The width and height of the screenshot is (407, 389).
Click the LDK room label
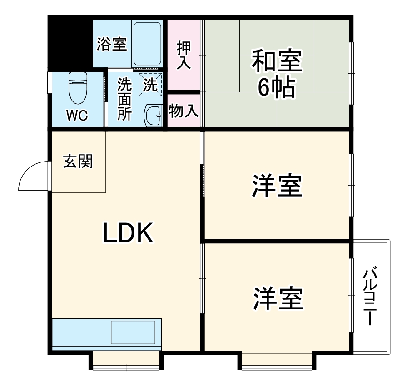[x=129, y=234]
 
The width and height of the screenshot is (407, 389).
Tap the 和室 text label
[x=277, y=62]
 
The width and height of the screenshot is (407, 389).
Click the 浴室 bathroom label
[x=112, y=45]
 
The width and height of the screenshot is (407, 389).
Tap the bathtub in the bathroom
[x=148, y=43]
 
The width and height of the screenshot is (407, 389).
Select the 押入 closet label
[x=184, y=55]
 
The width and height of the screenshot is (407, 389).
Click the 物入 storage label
[x=184, y=111]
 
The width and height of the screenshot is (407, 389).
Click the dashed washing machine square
[x=150, y=84]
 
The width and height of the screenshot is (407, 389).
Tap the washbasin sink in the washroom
[x=153, y=116]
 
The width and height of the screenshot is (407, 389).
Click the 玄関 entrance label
[x=78, y=161]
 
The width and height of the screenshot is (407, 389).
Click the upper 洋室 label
[x=277, y=187]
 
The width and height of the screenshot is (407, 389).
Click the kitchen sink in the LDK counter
[x=134, y=332]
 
